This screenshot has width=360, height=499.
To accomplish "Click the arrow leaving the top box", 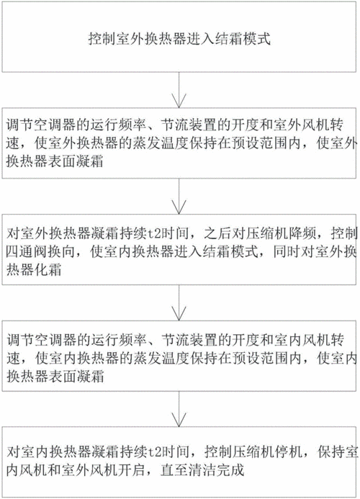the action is [179, 90].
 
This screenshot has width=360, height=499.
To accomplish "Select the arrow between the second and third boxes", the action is [179, 196].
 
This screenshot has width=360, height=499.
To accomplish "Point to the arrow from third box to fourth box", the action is [179, 302].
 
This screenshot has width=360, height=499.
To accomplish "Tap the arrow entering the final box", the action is [179, 409].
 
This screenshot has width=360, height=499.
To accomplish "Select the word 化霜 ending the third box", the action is [48, 270].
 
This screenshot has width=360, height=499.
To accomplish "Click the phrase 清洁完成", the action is [217, 470].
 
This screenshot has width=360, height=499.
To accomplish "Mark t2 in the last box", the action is [156, 452].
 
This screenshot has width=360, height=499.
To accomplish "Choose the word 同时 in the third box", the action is [287, 252].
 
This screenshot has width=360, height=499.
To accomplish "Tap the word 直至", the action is [174, 470].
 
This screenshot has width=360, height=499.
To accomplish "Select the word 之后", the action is [218, 234].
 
